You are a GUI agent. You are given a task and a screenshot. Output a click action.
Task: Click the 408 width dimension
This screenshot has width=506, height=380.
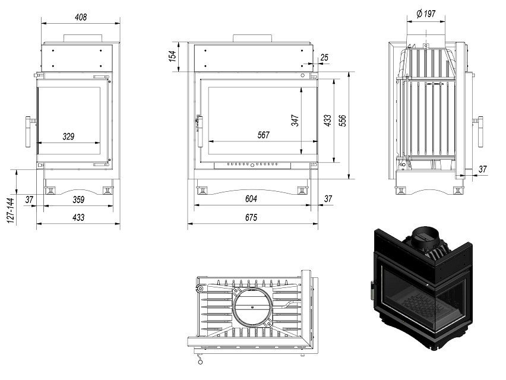click(x=80, y=17)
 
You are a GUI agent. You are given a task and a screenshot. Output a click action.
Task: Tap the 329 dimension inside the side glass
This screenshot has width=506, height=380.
click(x=68, y=137)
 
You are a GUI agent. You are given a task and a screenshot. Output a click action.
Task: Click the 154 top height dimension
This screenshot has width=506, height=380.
click(x=172, y=56)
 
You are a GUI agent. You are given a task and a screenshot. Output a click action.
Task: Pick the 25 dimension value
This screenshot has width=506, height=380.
click(x=324, y=57)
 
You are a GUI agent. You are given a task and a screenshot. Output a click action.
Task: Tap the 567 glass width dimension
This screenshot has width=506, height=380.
click(x=263, y=135)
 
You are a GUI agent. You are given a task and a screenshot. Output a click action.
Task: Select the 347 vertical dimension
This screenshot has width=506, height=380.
click(x=295, y=120)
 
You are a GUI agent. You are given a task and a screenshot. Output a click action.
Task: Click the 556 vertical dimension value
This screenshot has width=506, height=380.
click(x=343, y=121)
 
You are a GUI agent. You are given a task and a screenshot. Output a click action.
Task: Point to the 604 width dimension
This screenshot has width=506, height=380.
click(x=252, y=199)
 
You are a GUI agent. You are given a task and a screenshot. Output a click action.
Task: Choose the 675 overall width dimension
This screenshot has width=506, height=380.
click(x=251, y=218)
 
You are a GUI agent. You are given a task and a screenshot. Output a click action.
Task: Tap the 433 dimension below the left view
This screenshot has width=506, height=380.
click(x=78, y=218)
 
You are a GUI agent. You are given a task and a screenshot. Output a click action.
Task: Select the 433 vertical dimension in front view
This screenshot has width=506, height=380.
click(x=327, y=121)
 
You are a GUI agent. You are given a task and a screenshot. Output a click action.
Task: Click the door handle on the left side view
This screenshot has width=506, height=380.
click(x=28, y=131)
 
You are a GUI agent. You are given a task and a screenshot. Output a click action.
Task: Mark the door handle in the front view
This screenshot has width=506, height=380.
click(x=199, y=131)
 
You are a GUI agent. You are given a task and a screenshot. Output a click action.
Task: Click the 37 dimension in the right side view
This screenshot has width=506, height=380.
click(x=482, y=169)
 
